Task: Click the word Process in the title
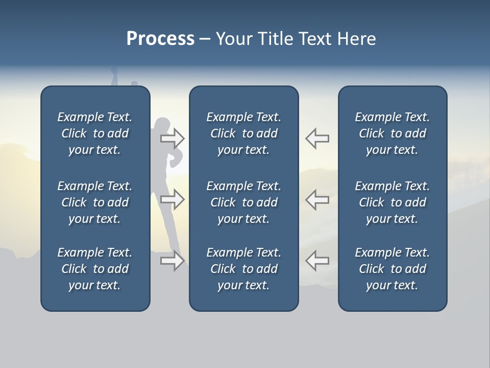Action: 160,39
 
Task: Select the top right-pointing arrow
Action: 173,138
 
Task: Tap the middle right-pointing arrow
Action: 173,199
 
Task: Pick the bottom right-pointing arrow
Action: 173,261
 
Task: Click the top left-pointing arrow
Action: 317,138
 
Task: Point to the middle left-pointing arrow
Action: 317,199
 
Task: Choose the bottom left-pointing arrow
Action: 317,261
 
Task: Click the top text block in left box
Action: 95,133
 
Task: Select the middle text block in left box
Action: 95,202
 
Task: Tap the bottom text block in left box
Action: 95,269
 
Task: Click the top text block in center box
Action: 243,133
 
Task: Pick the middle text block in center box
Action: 243,202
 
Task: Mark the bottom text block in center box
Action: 243,269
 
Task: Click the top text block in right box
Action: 392,133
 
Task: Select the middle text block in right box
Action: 392,202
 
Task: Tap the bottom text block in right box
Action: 392,269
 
